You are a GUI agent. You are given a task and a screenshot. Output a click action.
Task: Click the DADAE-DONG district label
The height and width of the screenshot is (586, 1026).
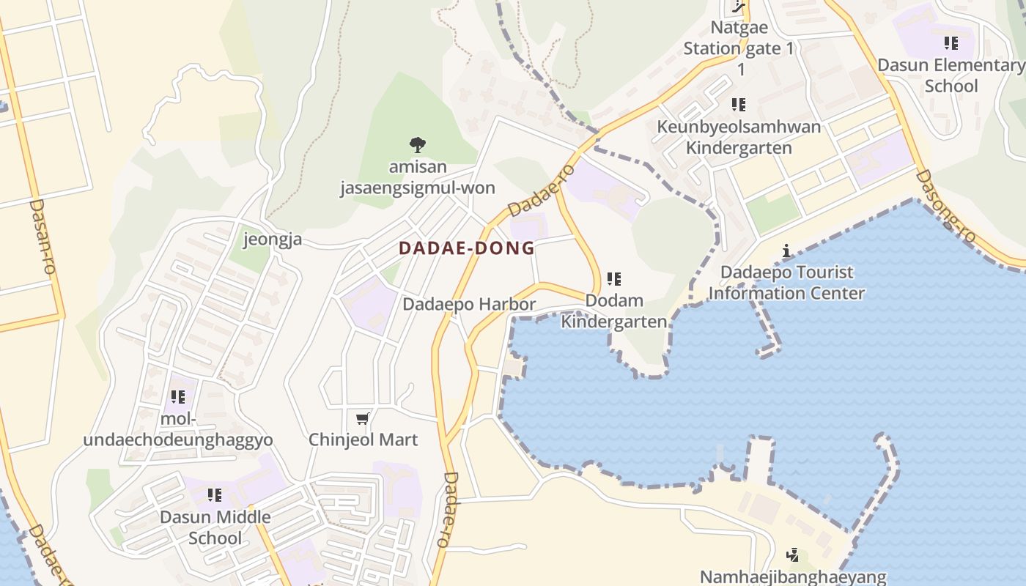(467, 248)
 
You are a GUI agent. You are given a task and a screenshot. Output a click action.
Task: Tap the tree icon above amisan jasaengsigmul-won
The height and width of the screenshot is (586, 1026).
(418, 144)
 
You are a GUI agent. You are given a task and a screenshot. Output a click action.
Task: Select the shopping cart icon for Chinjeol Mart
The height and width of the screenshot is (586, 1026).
(362, 419)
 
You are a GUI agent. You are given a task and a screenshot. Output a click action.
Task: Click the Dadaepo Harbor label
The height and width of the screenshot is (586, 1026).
(469, 304)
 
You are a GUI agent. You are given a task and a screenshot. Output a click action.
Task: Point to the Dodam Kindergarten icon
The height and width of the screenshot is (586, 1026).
(614, 279)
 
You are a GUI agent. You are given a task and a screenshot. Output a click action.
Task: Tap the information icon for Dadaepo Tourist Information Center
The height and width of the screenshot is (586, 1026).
(786, 251)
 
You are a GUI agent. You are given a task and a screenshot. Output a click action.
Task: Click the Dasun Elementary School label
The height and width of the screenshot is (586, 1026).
(951, 75)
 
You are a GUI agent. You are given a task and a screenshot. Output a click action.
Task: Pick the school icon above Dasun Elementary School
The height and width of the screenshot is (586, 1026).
(951, 43)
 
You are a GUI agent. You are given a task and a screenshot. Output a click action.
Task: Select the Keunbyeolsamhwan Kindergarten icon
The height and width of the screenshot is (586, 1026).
(739, 105)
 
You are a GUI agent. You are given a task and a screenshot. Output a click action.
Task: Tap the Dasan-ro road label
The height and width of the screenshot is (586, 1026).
(42, 236)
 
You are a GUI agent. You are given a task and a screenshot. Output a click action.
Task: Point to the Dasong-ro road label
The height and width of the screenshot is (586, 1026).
(946, 207)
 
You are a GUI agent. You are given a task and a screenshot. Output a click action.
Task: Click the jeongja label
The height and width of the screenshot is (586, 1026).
(273, 240)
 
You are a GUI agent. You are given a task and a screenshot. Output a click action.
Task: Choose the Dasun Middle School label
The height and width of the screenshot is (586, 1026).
(215, 527)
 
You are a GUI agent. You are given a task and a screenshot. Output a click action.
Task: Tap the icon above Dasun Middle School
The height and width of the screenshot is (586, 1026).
(215, 495)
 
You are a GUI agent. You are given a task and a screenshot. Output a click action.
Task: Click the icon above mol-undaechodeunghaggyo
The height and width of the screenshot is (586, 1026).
(178, 397)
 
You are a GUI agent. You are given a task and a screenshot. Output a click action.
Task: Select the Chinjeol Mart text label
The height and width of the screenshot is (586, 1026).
(363, 439)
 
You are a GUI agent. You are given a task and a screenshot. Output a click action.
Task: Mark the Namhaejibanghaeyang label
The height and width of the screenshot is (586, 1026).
(793, 577)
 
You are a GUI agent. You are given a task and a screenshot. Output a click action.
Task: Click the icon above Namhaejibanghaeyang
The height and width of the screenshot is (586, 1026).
(792, 555)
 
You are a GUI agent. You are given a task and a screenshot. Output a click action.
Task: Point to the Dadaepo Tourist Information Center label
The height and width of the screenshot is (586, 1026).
(786, 283)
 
